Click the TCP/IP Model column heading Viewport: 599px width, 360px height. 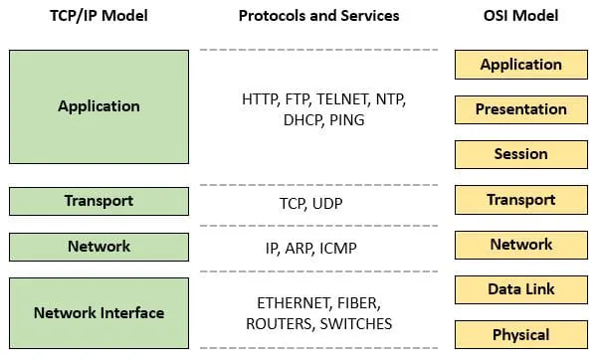[99, 16]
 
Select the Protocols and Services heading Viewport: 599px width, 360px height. [318, 16]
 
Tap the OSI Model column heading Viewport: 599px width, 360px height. [520, 16]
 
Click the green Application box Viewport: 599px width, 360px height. [99, 106]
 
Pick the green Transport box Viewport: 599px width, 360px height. [99, 201]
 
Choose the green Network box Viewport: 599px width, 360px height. [99, 246]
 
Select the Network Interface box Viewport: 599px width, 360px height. [99, 312]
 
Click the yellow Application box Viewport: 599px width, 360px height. [520, 65]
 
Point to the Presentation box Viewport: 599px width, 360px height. [520, 109]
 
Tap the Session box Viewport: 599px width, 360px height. [520, 154]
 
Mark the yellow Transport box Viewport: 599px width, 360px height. [520, 200]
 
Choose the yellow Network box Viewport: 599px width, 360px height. [520, 245]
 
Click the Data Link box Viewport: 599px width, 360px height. [520, 289]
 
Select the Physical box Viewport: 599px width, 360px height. [520, 334]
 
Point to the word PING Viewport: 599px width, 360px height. [345, 120]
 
